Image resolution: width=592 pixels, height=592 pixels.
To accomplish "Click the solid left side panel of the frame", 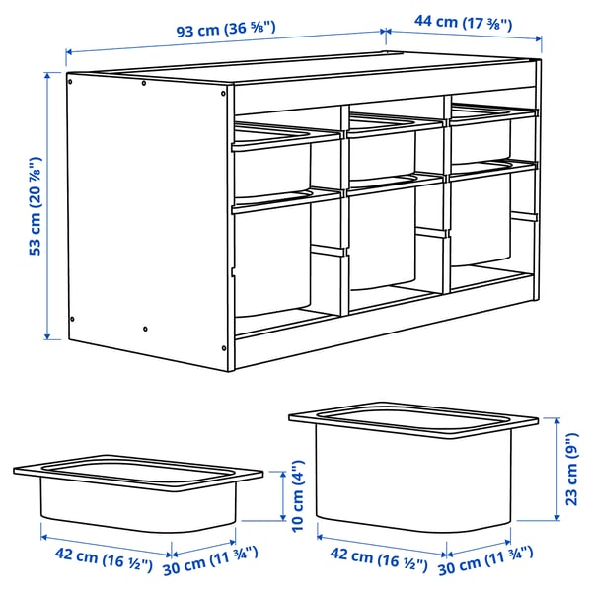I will (x=148, y=212).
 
